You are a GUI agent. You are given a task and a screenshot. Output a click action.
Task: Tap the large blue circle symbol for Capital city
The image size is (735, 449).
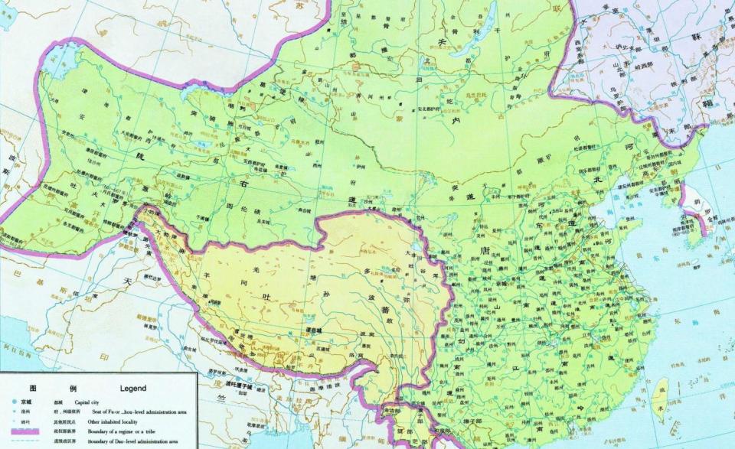click(15, 402)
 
